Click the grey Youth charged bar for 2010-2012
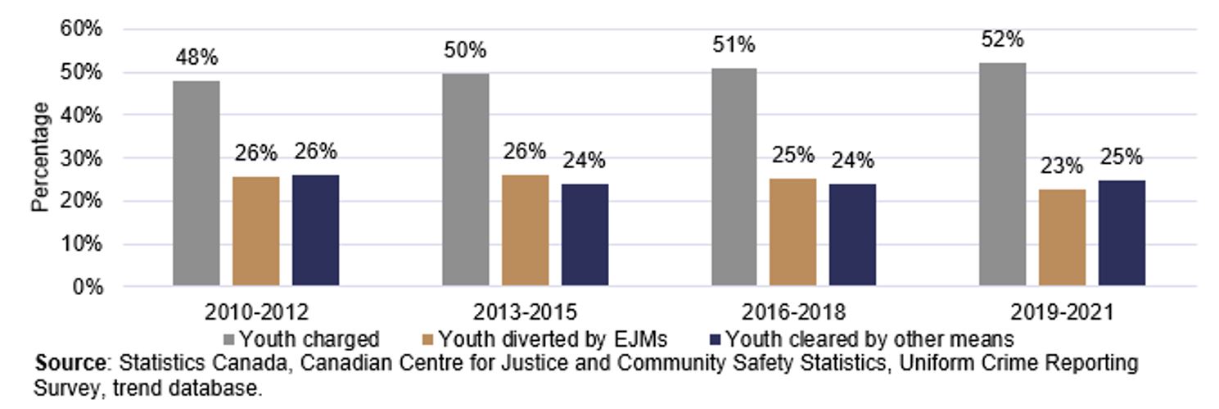coord(196,184)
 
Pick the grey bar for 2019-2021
coord(1002,175)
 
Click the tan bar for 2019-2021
coord(1062,238)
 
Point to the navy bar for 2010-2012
coord(315,230)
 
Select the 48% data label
coord(197,58)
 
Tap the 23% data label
coord(1063,166)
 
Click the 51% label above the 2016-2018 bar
coord(734,45)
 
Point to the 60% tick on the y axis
coord(81,29)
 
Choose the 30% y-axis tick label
coord(81,158)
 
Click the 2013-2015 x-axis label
coord(525,312)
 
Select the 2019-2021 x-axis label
coord(1062,312)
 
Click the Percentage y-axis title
coord(40,157)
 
